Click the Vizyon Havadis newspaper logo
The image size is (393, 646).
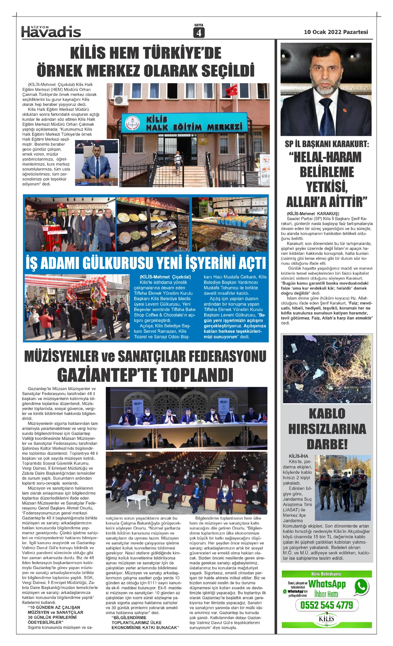51,31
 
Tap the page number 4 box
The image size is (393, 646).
199,32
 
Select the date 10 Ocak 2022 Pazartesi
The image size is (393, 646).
336,32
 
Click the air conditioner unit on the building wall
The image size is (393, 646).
121,100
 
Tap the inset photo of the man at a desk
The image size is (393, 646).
97,163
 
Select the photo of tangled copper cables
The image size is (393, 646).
327,369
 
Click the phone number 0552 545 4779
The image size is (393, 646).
327,605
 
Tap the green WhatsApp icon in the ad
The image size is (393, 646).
361,586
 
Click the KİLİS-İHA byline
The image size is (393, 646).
298,456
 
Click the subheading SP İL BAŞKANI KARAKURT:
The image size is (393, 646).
327,144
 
